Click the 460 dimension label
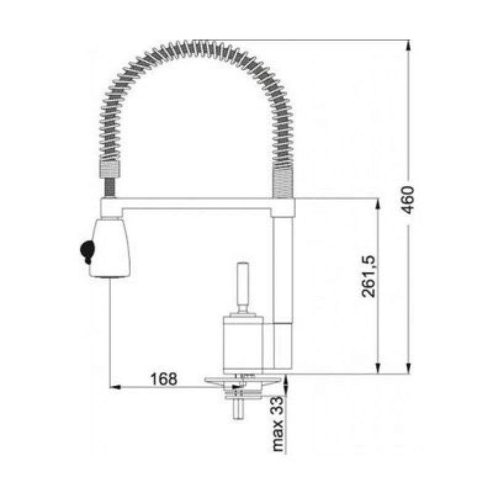click(407, 200)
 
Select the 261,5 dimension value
click(369, 276)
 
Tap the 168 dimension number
click(164, 379)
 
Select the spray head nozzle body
click(110, 248)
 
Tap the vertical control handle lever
click(243, 288)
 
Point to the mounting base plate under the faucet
click(242, 381)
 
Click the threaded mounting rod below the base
click(238, 409)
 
